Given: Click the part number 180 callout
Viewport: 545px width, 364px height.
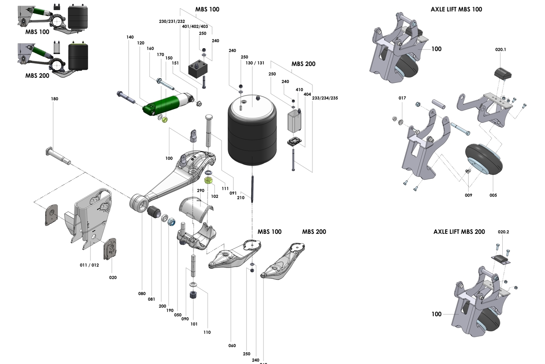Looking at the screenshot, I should [55, 98].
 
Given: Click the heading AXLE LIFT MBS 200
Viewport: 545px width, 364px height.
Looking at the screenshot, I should [459, 232].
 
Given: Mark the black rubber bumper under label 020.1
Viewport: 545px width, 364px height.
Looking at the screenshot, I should [502, 73].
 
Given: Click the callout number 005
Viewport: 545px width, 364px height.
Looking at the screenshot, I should [493, 195].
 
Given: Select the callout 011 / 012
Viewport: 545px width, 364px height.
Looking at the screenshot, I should [89, 265].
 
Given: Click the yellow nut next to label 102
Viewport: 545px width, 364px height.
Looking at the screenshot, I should [209, 180].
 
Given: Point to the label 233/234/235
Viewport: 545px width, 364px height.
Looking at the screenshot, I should [325, 98].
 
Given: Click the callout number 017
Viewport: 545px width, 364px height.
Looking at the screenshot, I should [402, 98].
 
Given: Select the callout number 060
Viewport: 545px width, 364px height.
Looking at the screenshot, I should [232, 346].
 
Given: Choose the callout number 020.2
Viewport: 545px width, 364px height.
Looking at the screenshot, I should [504, 232].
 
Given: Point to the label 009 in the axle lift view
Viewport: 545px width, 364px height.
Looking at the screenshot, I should [468, 195].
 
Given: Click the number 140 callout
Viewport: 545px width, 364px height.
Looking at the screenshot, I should [131, 37].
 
